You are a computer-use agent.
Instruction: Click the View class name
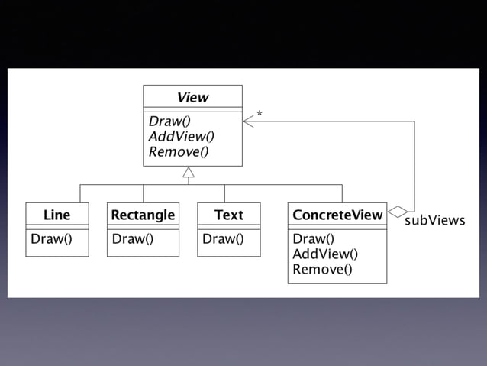pyautogui.click(x=192, y=97)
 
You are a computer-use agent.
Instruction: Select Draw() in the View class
pyautogui.click(x=170, y=121)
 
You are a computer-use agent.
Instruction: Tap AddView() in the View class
pyautogui.click(x=182, y=136)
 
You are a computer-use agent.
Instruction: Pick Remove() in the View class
pyautogui.click(x=179, y=151)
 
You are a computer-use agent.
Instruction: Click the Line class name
pyautogui.click(x=56, y=215)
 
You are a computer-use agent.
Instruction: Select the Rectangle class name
pyautogui.click(x=143, y=215)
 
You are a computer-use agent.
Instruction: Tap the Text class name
pyautogui.click(x=228, y=215)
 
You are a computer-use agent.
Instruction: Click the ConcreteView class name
pyautogui.click(x=337, y=215)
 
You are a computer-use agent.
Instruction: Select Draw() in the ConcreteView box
pyautogui.click(x=314, y=238)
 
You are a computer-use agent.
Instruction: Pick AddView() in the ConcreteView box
pyautogui.click(x=325, y=254)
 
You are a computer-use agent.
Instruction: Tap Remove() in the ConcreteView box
pyautogui.click(x=322, y=269)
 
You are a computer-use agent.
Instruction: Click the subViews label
pyautogui.click(x=434, y=221)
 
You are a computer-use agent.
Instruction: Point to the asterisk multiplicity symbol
pyautogui.click(x=260, y=114)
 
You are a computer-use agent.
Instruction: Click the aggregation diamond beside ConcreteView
pyautogui.click(x=398, y=211)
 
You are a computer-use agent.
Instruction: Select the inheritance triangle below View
pyautogui.click(x=189, y=172)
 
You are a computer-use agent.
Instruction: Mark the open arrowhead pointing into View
pyautogui.click(x=247, y=121)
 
